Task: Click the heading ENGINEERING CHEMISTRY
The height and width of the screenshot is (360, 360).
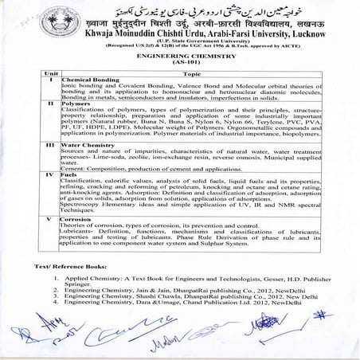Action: point(179,57)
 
